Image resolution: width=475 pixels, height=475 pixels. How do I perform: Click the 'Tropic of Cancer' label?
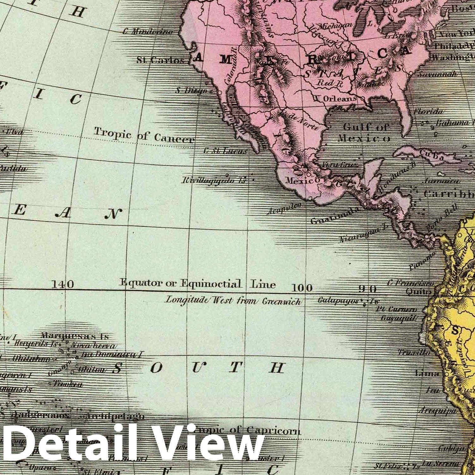click(x=144, y=136)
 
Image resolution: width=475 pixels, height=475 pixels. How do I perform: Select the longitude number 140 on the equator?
click(x=63, y=285)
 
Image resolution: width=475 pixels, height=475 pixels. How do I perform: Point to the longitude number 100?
click(x=302, y=288)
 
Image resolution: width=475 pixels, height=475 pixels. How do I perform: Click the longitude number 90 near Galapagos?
click(x=367, y=288)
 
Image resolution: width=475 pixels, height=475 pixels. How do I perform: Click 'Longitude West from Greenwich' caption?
click(x=233, y=300)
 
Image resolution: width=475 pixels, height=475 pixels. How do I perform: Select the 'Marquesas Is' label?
click(x=75, y=336)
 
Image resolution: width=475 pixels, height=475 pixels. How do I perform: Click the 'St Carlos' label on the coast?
click(x=160, y=60)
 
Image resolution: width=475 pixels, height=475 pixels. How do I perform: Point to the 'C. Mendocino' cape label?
click(x=148, y=32)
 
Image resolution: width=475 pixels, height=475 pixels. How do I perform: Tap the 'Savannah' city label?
click(x=437, y=75)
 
